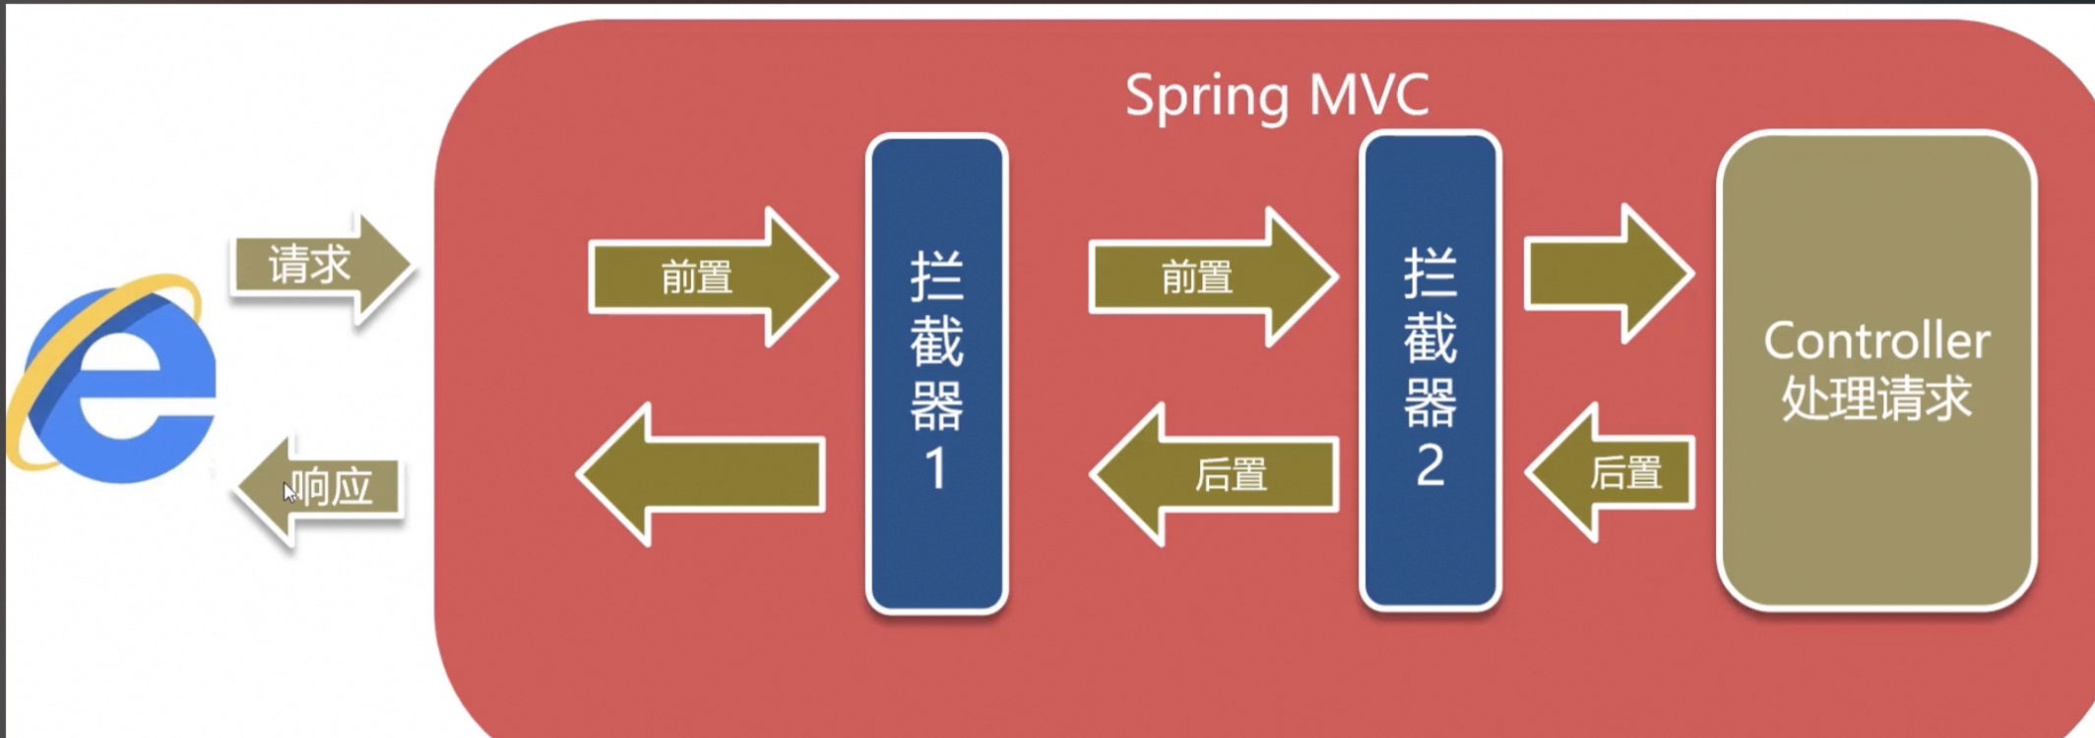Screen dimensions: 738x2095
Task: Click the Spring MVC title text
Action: pos(1277,96)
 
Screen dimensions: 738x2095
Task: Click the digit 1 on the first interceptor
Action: pos(935,468)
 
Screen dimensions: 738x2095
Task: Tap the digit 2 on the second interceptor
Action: pos(1429,465)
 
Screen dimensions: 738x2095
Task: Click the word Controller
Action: pos(1876,341)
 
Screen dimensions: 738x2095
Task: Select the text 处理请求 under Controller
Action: pos(1876,399)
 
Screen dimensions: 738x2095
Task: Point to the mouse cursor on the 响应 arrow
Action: pos(289,492)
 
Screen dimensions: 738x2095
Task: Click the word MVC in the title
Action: pos(1369,96)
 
